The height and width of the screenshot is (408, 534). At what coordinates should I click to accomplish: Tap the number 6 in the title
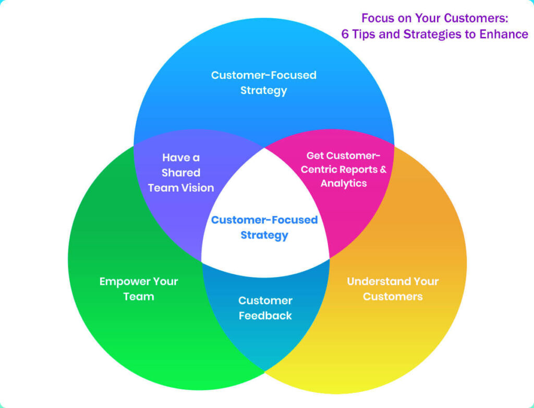[345, 34]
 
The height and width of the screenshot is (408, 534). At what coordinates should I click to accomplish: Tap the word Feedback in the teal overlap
[265, 316]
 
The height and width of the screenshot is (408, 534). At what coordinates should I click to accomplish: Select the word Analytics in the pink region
[344, 183]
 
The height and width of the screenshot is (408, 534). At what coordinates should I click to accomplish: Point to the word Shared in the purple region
[180, 173]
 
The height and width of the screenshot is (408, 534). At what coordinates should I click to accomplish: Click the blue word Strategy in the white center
[264, 235]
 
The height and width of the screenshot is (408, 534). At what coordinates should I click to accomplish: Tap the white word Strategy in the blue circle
[263, 90]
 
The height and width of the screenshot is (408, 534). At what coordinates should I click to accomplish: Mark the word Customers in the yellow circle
[392, 297]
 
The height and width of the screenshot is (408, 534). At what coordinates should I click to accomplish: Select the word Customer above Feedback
[265, 301]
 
